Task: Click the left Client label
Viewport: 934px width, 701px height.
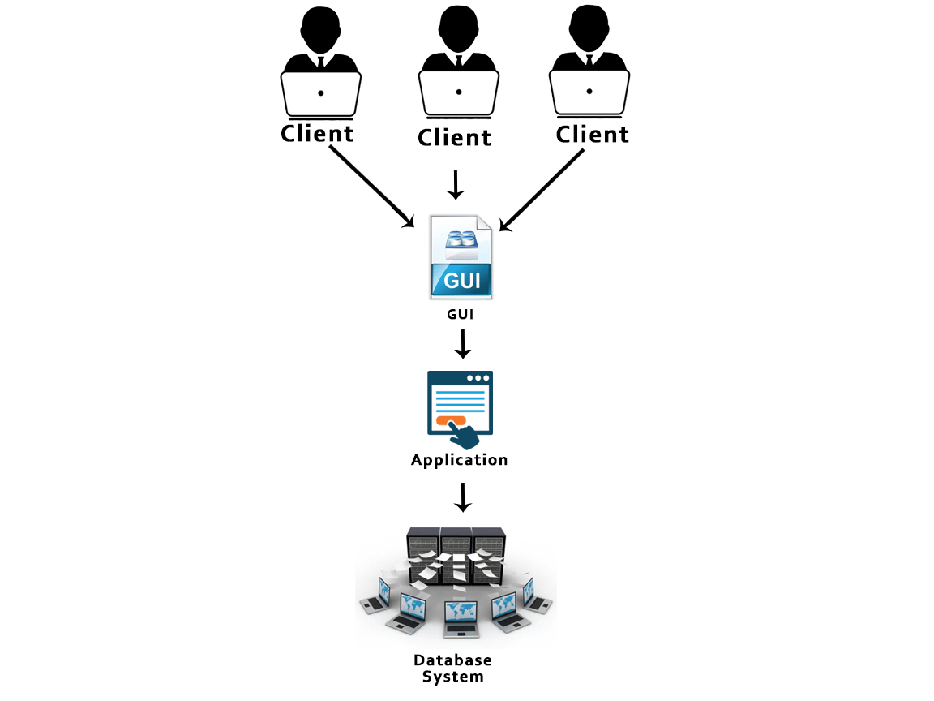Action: (317, 133)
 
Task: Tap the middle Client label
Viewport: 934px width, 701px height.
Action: (454, 137)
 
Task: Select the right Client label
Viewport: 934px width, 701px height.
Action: (592, 134)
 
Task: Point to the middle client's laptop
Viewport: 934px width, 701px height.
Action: (458, 92)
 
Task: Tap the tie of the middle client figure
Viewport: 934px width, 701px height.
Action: (459, 61)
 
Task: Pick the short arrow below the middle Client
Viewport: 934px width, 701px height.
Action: (456, 185)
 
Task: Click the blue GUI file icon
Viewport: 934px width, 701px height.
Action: (461, 258)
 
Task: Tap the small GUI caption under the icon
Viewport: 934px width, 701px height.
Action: (461, 314)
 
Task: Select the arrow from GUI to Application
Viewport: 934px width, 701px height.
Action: (462, 343)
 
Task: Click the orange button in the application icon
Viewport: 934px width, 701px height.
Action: (451, 420)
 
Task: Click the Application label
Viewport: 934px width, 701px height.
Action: (460, 460)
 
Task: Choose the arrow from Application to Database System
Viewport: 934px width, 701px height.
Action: (462, 497)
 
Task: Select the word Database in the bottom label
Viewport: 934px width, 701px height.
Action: (452, 660)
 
